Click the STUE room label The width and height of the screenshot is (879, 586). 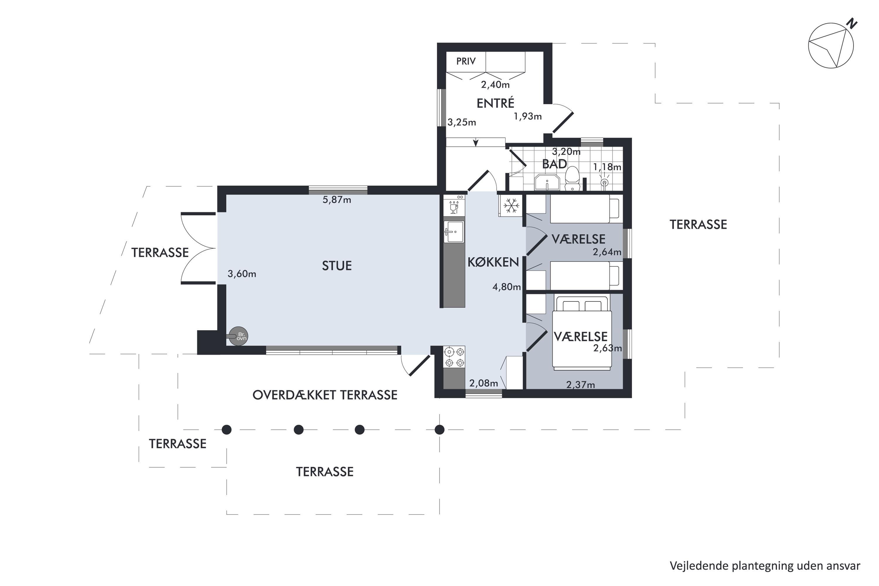pyautogui.click(x=337, y=266)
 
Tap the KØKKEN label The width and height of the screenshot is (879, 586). pyautogui.click(x=493, y=262)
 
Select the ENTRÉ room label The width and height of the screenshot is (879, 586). pyautogui.click(x=495, y=103)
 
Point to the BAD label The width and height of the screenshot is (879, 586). pyautogui.click(x=555, y=164)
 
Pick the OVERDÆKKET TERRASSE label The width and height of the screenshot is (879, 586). pyautogui.click(x=325, y=395)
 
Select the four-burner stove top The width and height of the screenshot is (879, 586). pyautogui.click(x=454, y=357)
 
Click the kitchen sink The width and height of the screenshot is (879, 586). pyautogui.click(x=454, y=232)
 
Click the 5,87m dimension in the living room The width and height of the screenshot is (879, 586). pyautogui.click(x=337, y=200)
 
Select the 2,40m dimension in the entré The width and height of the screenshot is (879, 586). pyautogui.click(x=495, y=85)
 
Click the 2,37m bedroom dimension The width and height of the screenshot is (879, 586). pyautogui.click(x=581, y=384)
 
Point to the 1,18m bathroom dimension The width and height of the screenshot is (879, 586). pyautogui.click(x=607, y=167)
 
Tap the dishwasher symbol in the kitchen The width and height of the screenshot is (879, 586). pyautogui.click(x=454, y=206)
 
